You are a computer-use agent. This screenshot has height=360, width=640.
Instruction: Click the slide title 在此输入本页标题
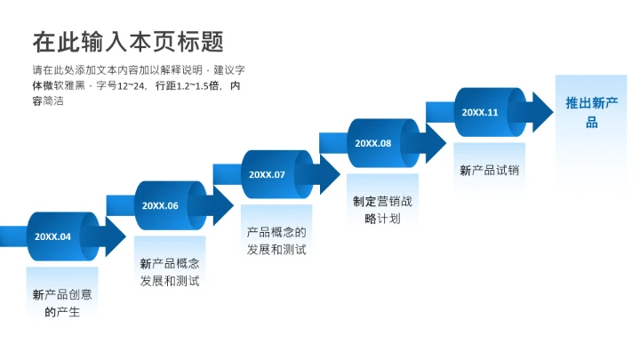(x=128, y=42)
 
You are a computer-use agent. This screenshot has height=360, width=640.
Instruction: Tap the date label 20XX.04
(x=52, y=236)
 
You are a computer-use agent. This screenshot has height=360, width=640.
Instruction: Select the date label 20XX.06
(x=160, y=205)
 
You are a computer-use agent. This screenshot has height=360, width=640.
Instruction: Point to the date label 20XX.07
(x=267, y=174)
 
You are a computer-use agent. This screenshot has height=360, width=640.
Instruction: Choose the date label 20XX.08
(x=373, y=143)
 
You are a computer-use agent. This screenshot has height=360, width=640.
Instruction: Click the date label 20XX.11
(x=480, y=112)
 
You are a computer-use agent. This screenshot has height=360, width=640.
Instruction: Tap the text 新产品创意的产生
(x=62, y=303)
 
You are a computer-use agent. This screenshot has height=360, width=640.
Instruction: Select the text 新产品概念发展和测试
(x=170, y=272)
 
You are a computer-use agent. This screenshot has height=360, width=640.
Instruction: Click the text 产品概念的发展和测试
(x=276, y=241)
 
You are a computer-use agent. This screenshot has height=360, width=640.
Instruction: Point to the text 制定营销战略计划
(x=383, y=210)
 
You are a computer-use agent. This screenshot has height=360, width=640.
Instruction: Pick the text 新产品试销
(x=489, y=170)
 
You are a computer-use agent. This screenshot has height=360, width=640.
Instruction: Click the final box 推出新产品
(x=591, y=113)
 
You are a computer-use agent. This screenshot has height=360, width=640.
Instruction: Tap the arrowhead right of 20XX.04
(x=114, y=236)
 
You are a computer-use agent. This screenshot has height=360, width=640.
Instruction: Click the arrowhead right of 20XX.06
(x=221, y=205)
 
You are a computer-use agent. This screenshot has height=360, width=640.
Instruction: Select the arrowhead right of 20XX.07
(x=328, y=174)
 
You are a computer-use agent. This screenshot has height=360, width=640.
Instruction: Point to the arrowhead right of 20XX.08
(x=435, y=143)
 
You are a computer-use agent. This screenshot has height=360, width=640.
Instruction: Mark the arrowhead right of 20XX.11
(x=540, y=112)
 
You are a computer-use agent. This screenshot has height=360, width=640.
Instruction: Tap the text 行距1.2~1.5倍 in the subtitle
(x=186, y=86)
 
